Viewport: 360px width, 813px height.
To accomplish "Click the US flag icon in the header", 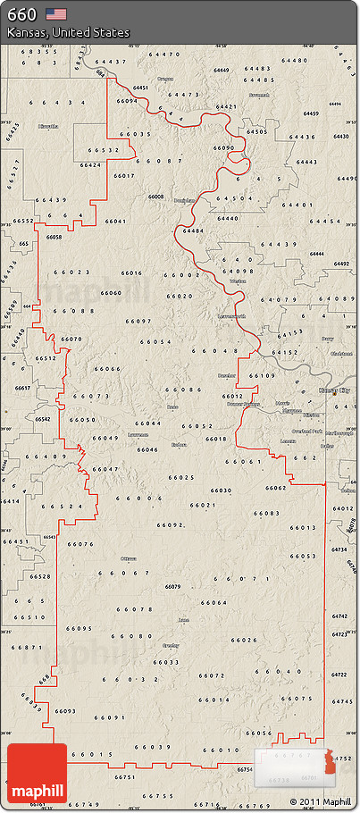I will [56, 13].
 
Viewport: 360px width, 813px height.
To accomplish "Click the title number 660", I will [22, 13].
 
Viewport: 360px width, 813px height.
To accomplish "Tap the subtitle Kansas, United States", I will [68, 32].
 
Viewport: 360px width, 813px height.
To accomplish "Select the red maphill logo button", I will [37, 774].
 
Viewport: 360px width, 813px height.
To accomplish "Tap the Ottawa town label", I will [128, 558].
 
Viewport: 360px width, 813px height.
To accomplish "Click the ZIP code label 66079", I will [173, 586].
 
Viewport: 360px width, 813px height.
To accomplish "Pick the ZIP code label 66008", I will [156, 196].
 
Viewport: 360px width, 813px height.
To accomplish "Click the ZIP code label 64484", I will [193, 230].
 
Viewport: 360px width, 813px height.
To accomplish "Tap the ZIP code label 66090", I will [224, 147].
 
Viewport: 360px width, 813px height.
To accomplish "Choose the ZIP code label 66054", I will [155, 342].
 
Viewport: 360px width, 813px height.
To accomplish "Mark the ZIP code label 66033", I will [166, 662].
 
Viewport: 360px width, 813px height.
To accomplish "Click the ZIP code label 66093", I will [65, 711].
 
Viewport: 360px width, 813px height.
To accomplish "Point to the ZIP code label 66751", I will [126, 777].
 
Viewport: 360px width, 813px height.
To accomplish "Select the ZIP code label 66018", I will [216, 439].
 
